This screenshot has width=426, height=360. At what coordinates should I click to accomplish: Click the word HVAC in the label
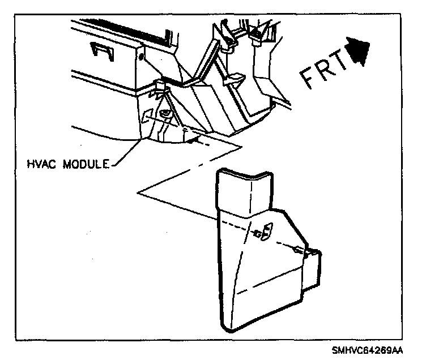[x=43, y=165]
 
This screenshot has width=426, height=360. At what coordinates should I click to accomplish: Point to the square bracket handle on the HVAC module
[x=101, y=51]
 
